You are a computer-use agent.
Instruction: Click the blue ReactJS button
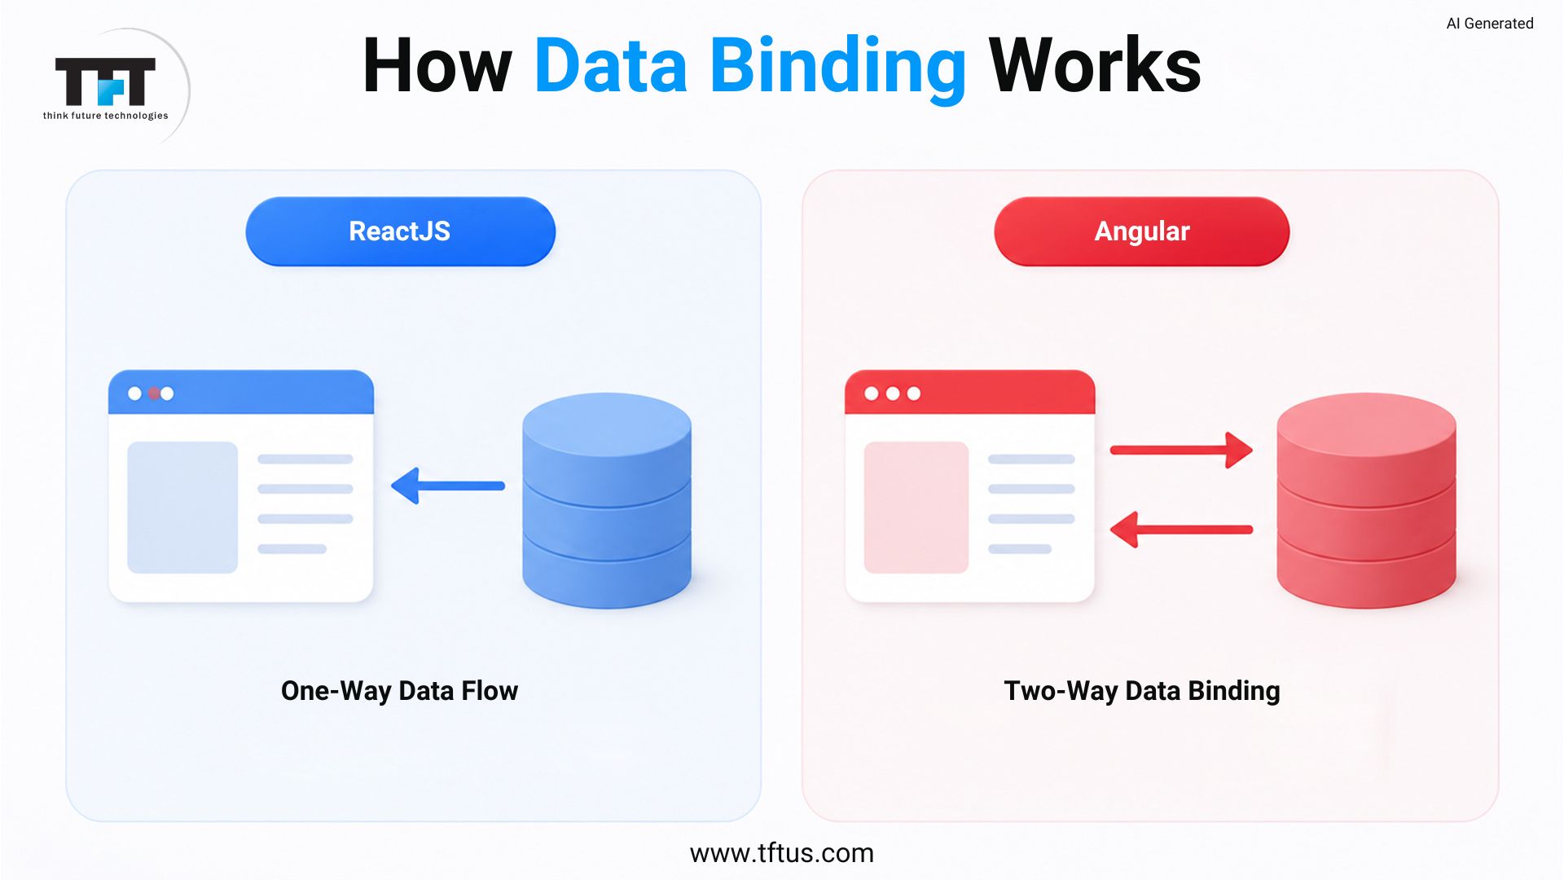[x=400, y=231]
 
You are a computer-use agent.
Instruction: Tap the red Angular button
[x=1141, y=231]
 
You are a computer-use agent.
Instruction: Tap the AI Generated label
[x=1489, y=24]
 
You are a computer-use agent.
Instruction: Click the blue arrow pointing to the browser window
[x=448, y=486]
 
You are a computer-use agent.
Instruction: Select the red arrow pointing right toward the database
[x=1181, y=450]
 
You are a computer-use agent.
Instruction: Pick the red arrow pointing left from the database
[x=1181, y=530]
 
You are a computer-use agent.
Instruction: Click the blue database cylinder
[x=607, y=500]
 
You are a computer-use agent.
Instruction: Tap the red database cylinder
[x=1366, y=500]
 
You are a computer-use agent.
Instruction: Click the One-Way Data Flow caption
[x=399, y=691]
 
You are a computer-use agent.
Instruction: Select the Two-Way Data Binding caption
[x=1142, y=691]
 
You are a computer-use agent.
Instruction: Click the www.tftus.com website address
[x=782, y=853]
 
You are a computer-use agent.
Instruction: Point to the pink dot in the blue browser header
[x=153, y=394]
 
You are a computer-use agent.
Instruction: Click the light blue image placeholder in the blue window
[x=182, y=508]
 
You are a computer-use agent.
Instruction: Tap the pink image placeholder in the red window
[x=916, y=508]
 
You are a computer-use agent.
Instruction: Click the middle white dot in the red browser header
[x=893, y=394]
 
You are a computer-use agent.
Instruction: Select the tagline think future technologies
[x=106, y=116]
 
